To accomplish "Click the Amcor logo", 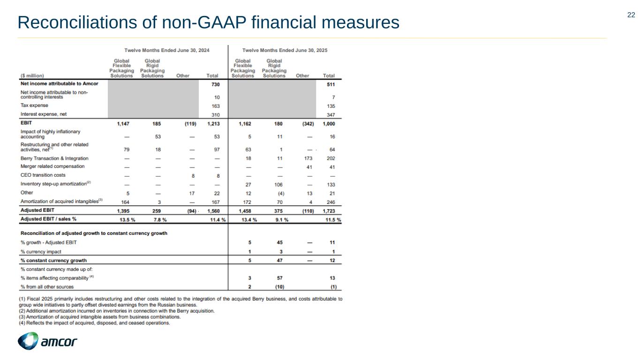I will click(x=47, y=341).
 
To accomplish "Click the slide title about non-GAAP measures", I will click(x=208, y=22).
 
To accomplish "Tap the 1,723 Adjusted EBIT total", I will click(x=332, y=210).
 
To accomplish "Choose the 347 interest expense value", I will click(x=335, y=114).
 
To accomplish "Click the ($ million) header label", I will click(x=32, y=75).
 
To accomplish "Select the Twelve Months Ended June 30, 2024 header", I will click(x=166, y=50).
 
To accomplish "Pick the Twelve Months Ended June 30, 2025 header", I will click(x=285, y=50).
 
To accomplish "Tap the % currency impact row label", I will click(x=41, y=252).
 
